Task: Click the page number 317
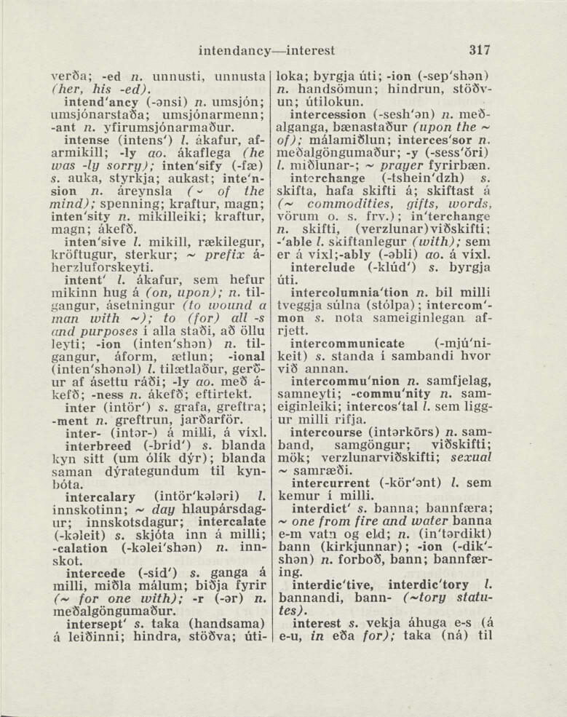pos(480,50)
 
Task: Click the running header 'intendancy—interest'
pos(266,51)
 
